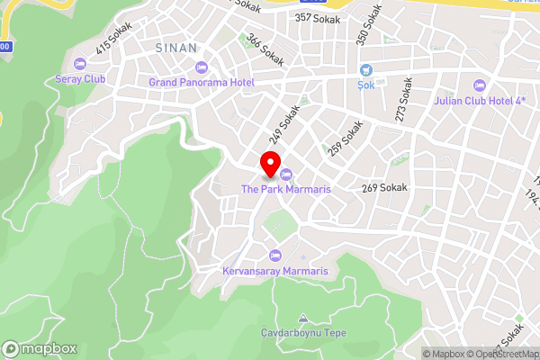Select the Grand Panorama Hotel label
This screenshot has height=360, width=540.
click(x=202, y=83)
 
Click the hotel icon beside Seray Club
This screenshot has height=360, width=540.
click(x=79, y=64)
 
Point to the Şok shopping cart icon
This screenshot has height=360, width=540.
click(x=366, y=70)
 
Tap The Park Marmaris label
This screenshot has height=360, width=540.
click(x=286, y=189)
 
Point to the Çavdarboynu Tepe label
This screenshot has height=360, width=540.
click(x=302, y=332)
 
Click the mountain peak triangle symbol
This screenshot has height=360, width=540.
click(x=302, y=319)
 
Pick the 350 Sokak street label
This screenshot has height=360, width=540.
click(x=363, y=30)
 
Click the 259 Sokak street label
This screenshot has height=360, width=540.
click(x=345, y=140)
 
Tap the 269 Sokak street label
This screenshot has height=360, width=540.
click(x=384, y=188)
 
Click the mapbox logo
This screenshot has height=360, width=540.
click(x=40, y=348)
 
